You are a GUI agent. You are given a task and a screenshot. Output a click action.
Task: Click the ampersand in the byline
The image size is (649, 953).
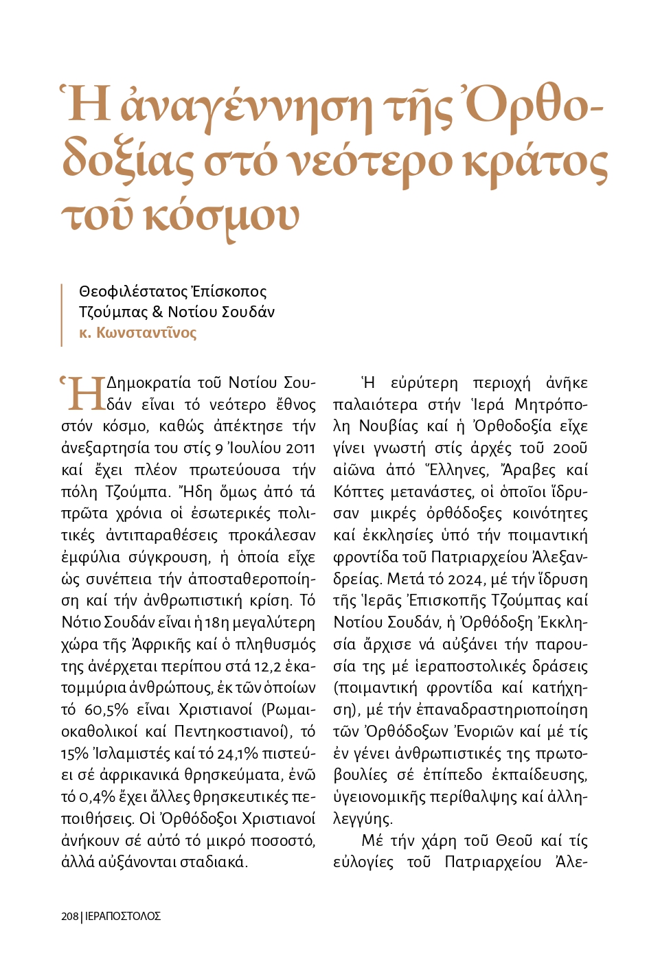157,312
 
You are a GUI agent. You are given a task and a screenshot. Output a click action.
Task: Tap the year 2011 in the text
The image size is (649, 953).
300,448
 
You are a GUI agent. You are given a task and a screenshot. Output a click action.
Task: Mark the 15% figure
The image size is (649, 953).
74,754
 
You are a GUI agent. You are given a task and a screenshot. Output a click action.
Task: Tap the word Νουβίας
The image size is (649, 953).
389,426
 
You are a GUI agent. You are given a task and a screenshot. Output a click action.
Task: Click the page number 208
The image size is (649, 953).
69,916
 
